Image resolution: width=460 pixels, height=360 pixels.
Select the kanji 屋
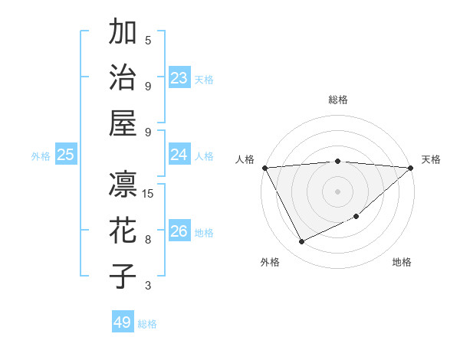(x=123, y=123)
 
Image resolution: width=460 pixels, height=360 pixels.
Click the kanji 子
(x=123, y=275)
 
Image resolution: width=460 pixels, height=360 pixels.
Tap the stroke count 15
(x=149, y=193)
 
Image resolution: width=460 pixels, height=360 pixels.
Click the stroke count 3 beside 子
(x=148, y=286)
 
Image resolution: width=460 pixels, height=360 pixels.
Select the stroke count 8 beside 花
(x=148, y=240)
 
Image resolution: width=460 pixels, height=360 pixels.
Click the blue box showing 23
(x=179, y=78)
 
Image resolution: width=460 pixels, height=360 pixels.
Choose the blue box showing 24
(x=179, y=155)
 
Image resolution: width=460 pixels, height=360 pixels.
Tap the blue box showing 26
(x=179, y=231)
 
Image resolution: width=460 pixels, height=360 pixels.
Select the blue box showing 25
(x=66, y=155)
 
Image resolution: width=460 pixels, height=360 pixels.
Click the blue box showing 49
(x=122, y=322)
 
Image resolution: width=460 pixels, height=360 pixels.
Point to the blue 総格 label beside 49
(x=147, y=324)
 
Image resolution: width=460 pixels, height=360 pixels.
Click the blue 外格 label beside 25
(x=41, y=156)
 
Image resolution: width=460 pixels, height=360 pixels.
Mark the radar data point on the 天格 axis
(x=410, y=168)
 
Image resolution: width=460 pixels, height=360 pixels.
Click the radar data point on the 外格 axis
(x=301, y=242)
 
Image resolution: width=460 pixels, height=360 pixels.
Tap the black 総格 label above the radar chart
(x=338, y=100)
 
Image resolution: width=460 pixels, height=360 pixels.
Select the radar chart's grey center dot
(x=337, y=191)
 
